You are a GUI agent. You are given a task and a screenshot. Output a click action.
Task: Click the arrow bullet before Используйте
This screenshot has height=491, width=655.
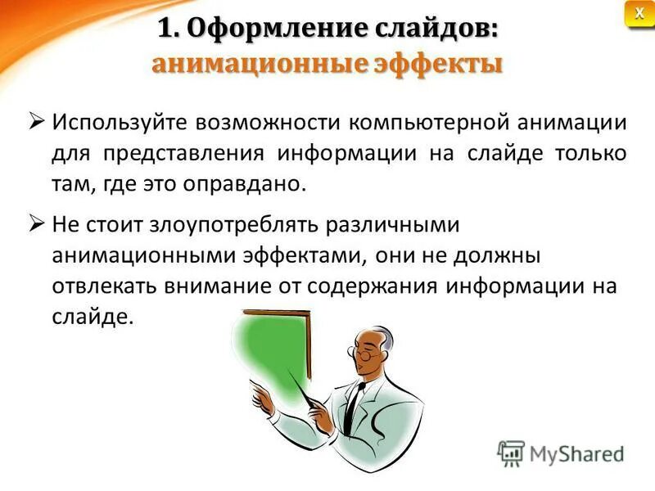tap(37, 123)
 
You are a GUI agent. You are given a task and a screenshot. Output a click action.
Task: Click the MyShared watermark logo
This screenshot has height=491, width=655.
tap(561, 453)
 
